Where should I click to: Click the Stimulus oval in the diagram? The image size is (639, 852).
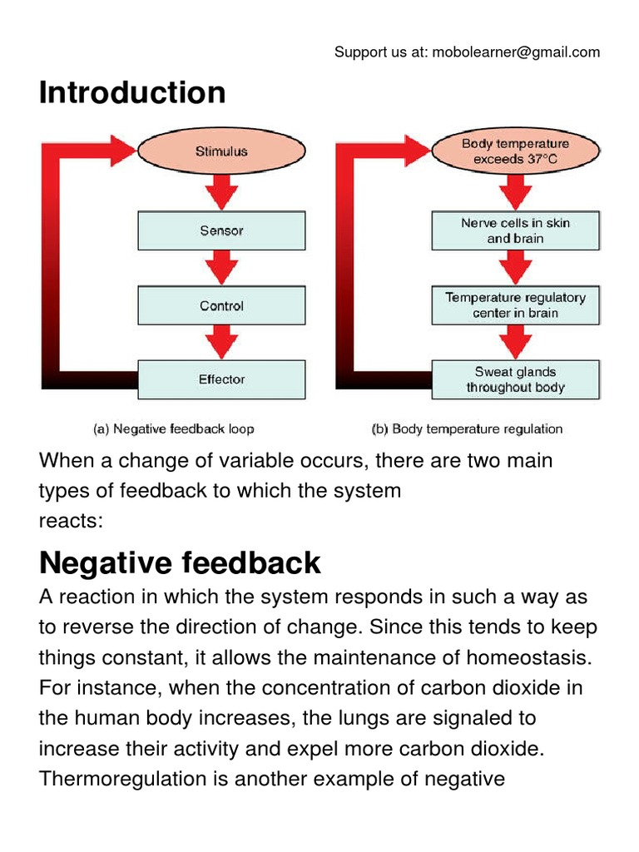[221, 151]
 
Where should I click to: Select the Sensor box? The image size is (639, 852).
[221, 230]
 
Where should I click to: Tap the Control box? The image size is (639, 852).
[221, 305]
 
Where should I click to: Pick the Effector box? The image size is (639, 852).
[221, 379]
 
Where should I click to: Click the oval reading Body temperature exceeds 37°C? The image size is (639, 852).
[515, 151]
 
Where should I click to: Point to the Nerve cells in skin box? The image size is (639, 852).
[515, 230]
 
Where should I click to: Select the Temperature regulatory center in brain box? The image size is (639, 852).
[515, 305]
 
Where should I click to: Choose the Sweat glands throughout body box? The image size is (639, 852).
[515, 379]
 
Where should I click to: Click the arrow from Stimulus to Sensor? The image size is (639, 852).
[221, 193]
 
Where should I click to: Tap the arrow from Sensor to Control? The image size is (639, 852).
[221, 268]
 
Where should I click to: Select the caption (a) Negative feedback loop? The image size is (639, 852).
[172, 429]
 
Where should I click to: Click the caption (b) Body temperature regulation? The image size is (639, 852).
[466, 429]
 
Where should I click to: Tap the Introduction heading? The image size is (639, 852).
[132, 92]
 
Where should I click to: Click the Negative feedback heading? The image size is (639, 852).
[180, 563]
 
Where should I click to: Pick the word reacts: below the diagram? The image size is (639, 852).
[71, 520]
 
